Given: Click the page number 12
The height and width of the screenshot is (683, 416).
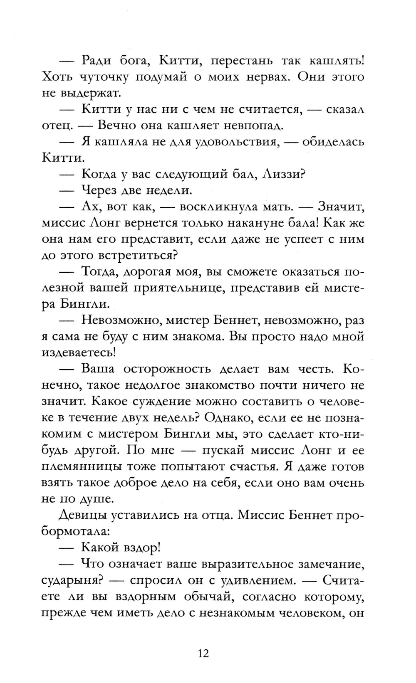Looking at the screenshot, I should [x=203, y=653].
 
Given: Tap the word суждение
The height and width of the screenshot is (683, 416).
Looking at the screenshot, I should [x=158, y=401].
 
